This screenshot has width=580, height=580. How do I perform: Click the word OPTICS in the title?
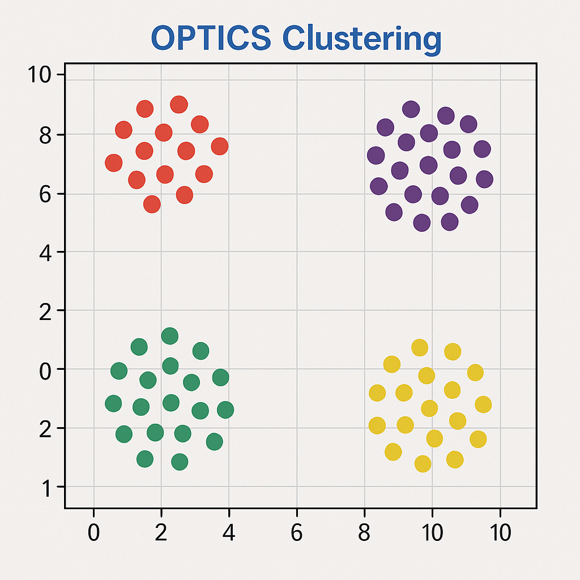coord(211,39)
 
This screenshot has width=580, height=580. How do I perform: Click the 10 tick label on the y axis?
coord(40,75)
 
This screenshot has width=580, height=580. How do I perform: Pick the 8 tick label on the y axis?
coord(46,135)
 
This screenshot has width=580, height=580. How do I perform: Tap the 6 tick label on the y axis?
coord(46,194)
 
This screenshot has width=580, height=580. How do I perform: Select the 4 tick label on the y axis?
coord(46,251)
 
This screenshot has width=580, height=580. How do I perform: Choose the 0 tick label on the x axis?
coord(93,533)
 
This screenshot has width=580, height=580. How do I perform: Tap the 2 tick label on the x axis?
coord(161,533)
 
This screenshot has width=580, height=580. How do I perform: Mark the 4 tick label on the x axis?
coord(229,533)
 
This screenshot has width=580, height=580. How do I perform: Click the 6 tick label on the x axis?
coord(297,533)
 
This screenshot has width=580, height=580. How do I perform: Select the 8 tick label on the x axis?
coord(365,533)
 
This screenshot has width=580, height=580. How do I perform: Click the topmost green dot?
coord(169,336)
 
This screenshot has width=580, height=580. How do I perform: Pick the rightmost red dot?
coord(220,147)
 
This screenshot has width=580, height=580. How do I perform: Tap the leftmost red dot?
coord(114,163)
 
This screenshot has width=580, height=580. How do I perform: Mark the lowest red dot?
coord(152,204)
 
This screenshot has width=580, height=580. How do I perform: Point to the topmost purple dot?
coord(411,109)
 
